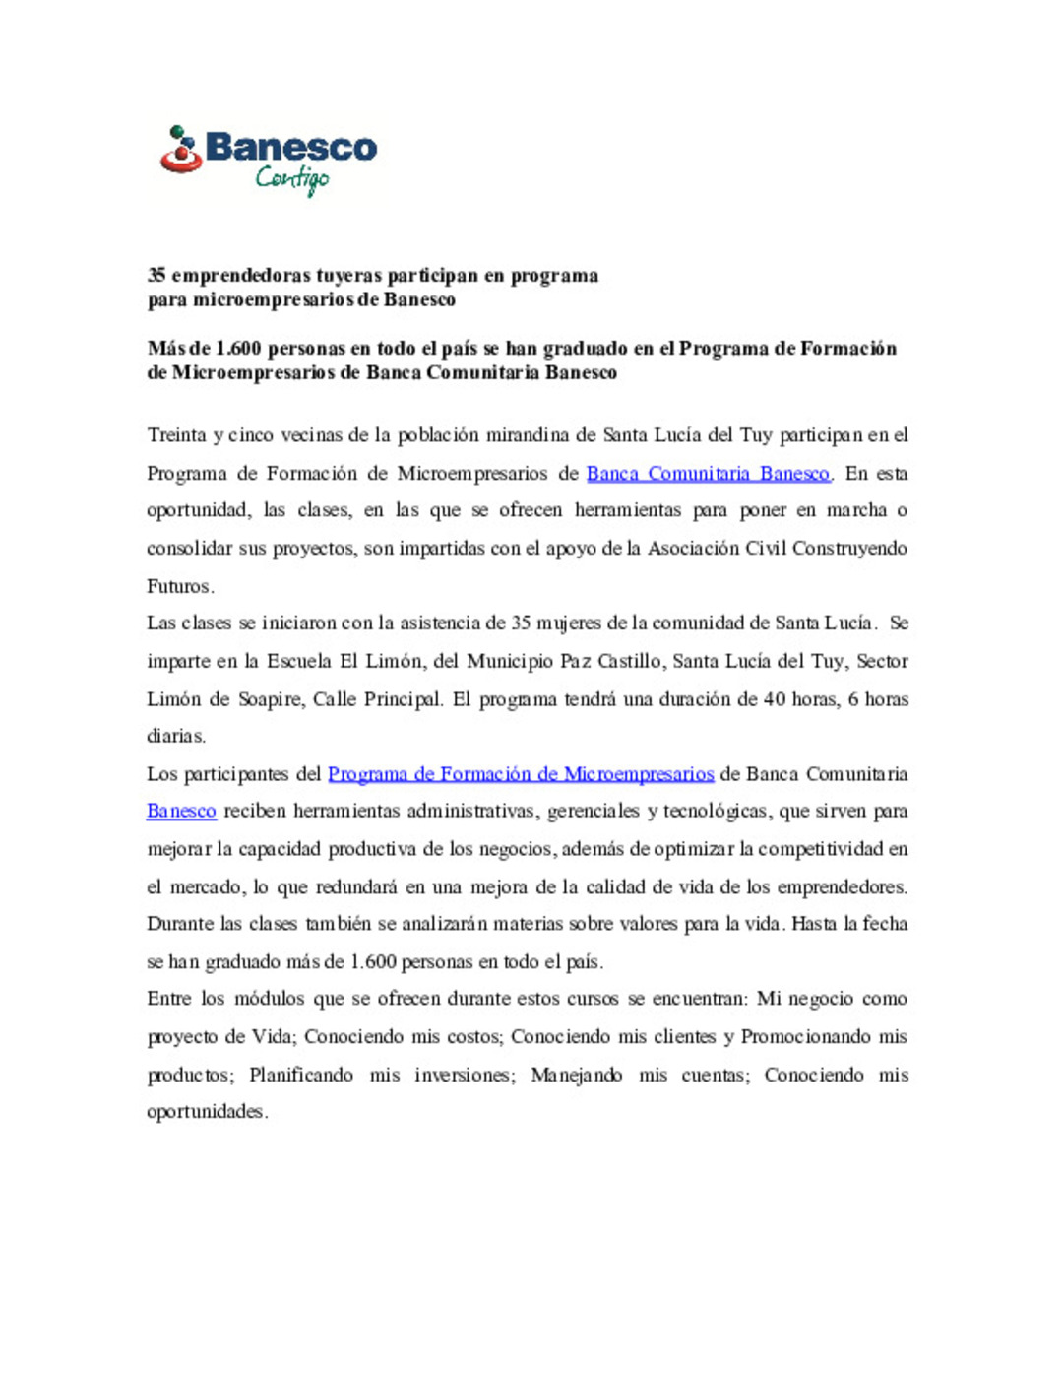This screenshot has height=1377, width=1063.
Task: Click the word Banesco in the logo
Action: pyautogui.click(x=291, y=148)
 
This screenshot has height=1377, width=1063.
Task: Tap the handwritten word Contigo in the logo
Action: pyautogui.click(x=291, y=178)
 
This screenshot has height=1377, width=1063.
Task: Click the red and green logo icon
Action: pyautogui.click(x=180, y=149)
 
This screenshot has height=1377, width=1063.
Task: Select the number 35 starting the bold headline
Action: pyautogui.click(x=156, y=276)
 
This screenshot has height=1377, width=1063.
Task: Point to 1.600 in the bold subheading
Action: pyautogui.click(x=238, y=349)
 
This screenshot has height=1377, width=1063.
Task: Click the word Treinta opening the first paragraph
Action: pyautogui.click(x=177, y=435)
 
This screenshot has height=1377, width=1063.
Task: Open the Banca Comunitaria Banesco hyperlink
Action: pyautogui.click(x=708, y=474)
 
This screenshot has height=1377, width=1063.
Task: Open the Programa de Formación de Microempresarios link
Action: pyautogui.click(x=521, y=774)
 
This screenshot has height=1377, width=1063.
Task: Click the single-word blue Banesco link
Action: pyautogui.click(x=181, y=812)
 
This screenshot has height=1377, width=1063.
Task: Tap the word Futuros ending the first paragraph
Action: pyautogui.click(x=179, y=586)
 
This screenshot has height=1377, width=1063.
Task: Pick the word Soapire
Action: pyautogui.click(x=270, y=699)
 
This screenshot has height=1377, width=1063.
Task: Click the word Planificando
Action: pyautogui.click(x=300, y=1075)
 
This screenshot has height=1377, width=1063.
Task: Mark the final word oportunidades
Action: pyautogui.click(x=206, y=1112)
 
